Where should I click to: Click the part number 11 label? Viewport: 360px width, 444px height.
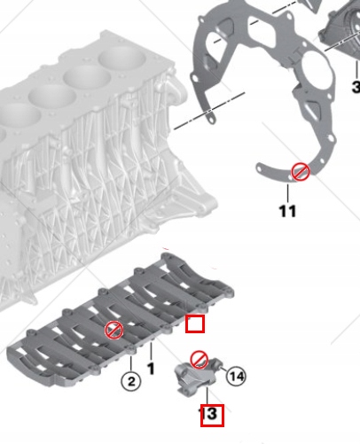point(287,211)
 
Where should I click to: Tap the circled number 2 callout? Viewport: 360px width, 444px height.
point(131,381)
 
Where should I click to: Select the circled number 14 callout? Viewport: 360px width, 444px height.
point(236,377)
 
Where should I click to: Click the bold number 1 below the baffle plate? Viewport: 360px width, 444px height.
point(151,369)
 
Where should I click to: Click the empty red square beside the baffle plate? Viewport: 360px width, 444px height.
point(195,323)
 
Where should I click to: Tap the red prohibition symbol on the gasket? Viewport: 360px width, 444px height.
point(301,172)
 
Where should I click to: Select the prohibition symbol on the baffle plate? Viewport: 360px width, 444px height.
point(114,330)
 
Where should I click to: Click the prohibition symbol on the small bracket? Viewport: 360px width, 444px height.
point(200,360)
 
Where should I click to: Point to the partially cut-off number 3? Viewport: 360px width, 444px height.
point(356,87)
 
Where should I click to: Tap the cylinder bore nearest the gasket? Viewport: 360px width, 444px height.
point(122,59)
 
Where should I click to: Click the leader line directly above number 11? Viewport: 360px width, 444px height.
point(287,193)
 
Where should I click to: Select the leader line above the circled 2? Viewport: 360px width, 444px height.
point(131,363)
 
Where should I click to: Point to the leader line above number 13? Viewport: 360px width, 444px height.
point(207,396)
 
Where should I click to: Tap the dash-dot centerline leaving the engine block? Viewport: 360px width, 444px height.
point(209,111)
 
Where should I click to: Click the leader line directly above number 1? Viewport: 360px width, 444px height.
point(151,352)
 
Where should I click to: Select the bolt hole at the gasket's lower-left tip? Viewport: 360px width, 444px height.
point(259,168)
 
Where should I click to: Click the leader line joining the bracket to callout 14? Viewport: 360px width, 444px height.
point(223,370)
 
